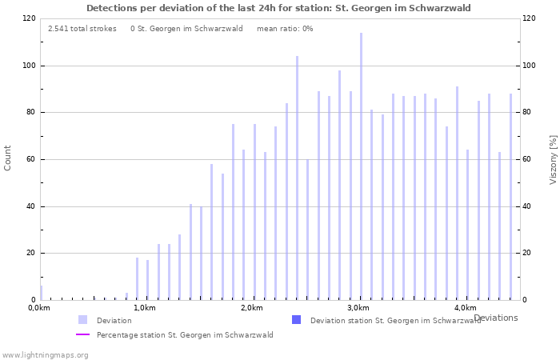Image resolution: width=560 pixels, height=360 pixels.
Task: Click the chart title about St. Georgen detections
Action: coord(278,8)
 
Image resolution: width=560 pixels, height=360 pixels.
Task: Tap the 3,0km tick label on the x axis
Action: coord(358,308)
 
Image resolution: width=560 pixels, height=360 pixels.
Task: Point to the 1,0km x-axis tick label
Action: coord(145,308)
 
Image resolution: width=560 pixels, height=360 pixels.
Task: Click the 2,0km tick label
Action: coord(251,308)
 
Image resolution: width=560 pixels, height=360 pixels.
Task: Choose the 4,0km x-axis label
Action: coord(465,308)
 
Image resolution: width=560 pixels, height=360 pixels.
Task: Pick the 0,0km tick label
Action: coord(38,308)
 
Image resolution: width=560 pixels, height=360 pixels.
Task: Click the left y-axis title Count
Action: coord(8,158)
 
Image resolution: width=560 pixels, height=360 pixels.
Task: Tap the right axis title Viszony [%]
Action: coord(552,159)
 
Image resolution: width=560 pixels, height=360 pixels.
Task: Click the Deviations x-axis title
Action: coord(495,318)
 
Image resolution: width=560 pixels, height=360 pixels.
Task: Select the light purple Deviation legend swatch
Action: coord(82,320)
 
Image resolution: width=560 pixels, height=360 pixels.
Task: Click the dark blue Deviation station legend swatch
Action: coord(296,320)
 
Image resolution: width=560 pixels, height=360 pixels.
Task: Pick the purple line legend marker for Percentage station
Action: coord(82,335)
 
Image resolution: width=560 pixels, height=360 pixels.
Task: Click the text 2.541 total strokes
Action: coord(82,29)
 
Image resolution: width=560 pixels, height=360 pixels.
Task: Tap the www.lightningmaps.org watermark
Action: coord(45,354)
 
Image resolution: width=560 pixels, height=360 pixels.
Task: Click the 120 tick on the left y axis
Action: coord(29,18)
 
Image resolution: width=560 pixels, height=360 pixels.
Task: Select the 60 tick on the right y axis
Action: coord(529,159)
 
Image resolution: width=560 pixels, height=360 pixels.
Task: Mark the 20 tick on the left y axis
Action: coord(30,253)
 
